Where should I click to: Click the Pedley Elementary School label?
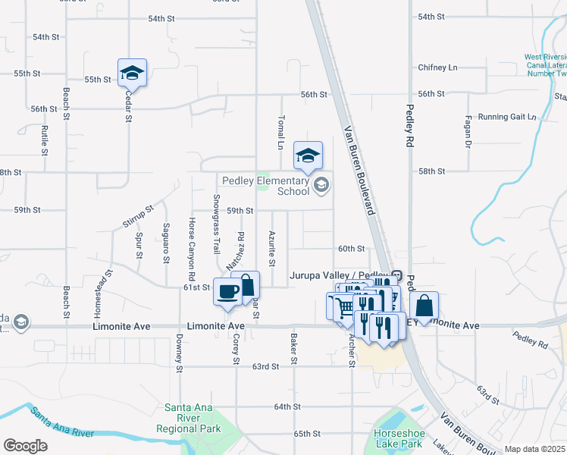265,186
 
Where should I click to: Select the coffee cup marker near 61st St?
227,292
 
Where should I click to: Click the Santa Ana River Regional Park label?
193,418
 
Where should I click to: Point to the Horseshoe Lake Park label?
397,438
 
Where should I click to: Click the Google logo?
25,445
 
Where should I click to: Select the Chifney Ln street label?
437,67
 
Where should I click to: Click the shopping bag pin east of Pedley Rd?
424,306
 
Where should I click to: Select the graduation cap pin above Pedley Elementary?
308,156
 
